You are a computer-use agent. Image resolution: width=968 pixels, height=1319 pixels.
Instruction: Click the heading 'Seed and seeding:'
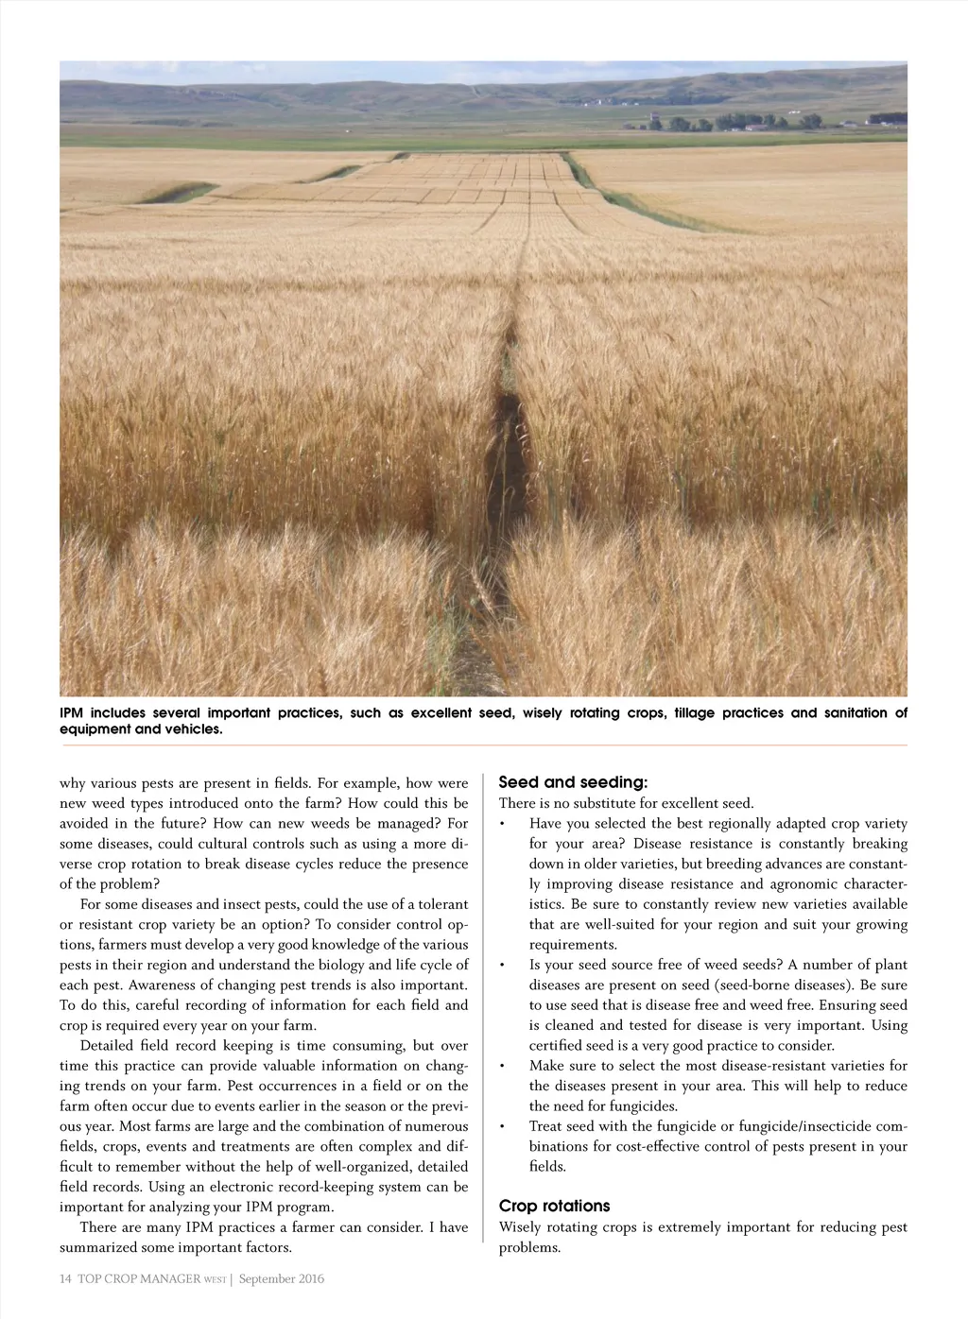click(573, 782)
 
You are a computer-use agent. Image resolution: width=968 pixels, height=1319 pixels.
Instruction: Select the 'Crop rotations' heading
click(554, 1207)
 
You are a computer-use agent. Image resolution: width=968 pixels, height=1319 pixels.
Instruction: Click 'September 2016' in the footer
click(281, 1279)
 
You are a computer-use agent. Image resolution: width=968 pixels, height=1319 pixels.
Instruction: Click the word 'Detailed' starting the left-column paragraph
click(108, 1046)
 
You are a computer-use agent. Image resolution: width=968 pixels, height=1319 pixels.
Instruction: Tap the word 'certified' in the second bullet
click(556, 1046)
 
